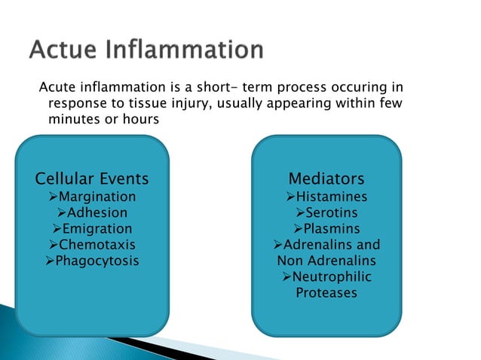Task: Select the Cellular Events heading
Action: pyautogui.click(x=92, y=179)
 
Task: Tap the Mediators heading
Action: pyautogui.click(x=326, y=179)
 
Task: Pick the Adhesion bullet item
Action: pyautogui.click(x=97, y=212)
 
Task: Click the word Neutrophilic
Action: pyautogui.click(x=332, y=277)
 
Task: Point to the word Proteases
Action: pyautogui.click(x=326, y=293)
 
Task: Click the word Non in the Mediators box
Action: pyautogui.click(x=292, y=261)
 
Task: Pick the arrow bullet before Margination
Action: pyautogui.click(x=52, y=197)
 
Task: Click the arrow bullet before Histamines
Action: pyautogui.click(x=290, y=197)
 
